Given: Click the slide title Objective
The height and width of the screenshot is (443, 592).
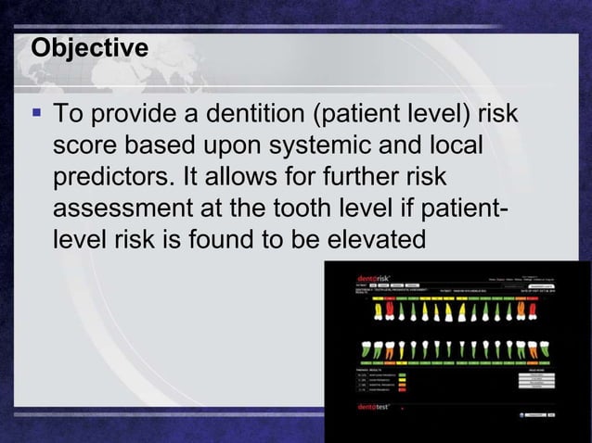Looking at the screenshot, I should pyautogui.click(x=89, y=47).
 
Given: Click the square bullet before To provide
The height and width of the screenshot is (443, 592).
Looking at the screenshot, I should pyautogui.click(x=36, y=115).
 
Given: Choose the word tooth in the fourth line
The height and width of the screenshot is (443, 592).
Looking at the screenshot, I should pyautogui.click(x=330, y=208).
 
